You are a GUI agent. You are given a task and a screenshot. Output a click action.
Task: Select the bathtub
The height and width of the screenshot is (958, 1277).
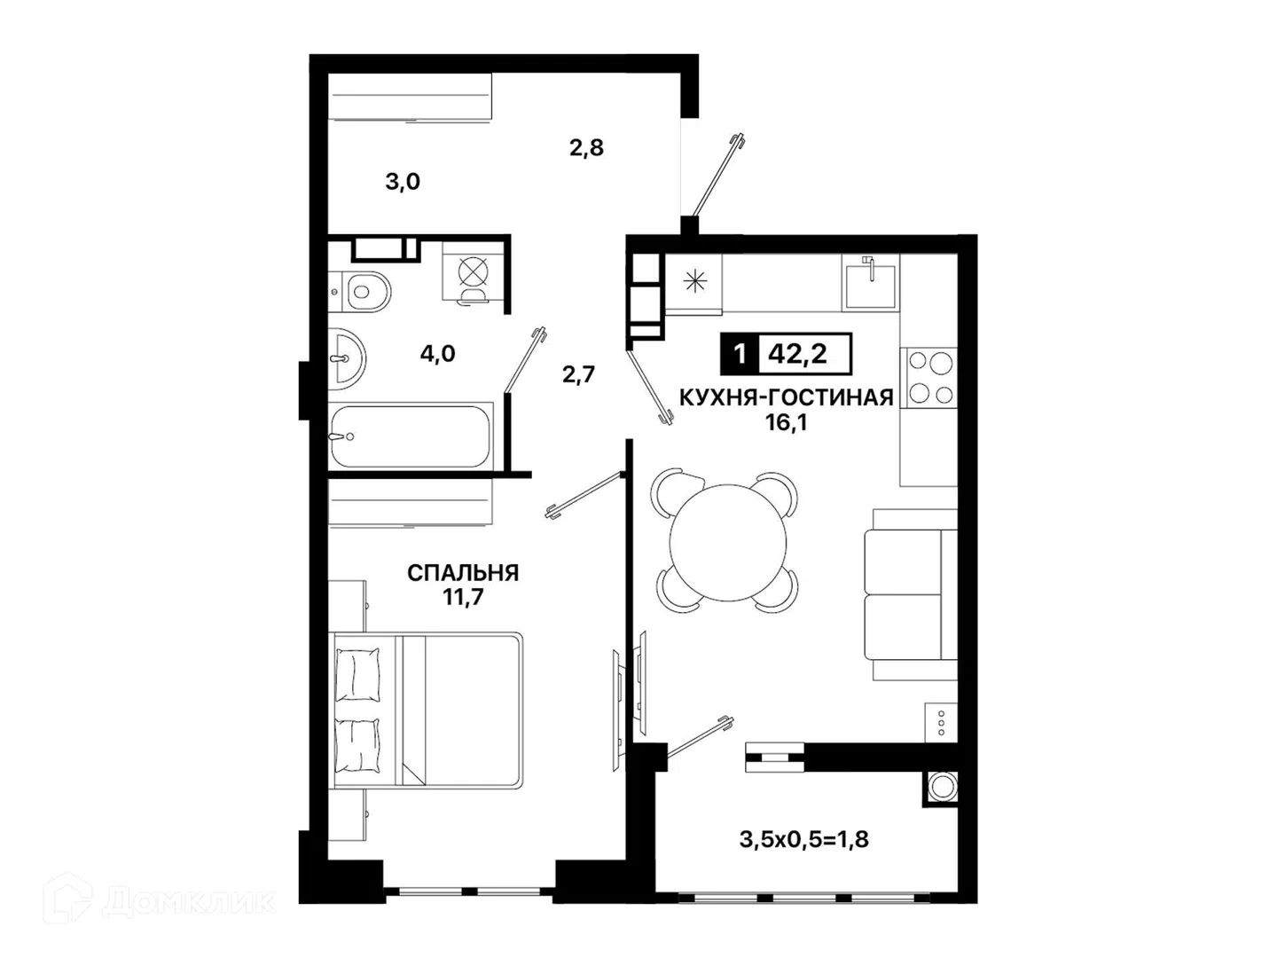411,436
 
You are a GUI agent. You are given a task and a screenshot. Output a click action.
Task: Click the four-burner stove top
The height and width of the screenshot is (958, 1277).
928,378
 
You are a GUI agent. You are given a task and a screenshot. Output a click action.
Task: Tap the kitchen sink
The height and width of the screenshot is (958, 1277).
870,282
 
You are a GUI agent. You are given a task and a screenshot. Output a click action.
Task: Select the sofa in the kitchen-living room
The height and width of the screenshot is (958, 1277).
911,594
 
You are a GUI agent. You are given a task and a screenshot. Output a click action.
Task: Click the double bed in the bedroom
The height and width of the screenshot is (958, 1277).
427,711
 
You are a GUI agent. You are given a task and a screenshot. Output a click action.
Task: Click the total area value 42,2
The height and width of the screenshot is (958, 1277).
797,353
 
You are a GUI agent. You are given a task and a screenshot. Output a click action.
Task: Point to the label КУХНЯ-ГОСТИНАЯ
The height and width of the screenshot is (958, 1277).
787,398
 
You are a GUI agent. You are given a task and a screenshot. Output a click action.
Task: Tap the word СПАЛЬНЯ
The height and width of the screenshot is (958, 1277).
463,573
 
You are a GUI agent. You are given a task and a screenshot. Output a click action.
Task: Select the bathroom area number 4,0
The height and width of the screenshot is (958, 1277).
437,353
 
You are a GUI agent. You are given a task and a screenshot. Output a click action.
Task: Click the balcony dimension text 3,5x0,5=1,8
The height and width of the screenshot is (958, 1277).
804,840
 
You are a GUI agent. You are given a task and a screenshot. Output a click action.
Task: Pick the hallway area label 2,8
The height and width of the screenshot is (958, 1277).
586,148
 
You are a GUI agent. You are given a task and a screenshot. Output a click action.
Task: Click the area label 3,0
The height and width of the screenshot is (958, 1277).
403,182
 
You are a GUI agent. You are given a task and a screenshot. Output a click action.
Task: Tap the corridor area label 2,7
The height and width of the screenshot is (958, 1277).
579,374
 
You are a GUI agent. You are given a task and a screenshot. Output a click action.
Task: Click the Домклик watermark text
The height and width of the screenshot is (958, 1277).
189,901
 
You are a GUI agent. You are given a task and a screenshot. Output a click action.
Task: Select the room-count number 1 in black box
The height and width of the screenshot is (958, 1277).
740,353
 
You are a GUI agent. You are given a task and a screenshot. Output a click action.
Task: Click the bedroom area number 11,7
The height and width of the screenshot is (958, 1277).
463,597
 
